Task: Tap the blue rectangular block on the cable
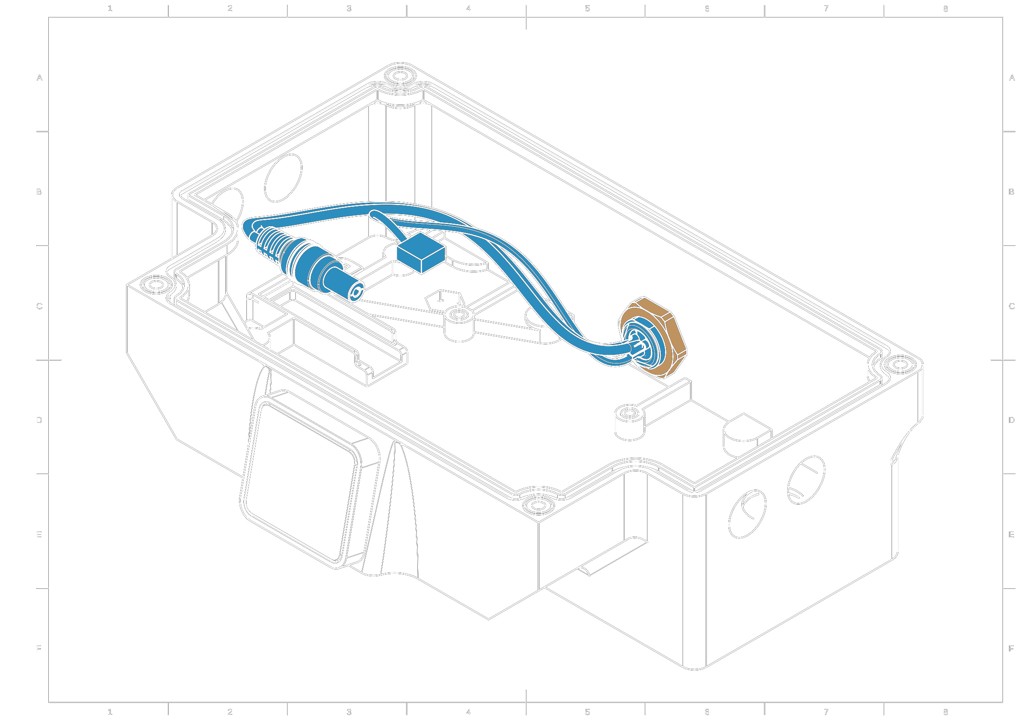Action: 420,253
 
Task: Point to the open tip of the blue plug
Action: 356,294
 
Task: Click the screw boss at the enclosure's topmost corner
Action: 400,76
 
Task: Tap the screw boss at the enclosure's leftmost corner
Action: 156,285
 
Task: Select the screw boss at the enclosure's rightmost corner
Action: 900,365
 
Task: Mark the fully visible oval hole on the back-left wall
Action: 283,178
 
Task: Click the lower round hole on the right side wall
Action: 747,514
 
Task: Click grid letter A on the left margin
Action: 39,78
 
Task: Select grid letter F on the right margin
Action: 1011,648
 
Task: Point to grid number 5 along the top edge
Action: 587,9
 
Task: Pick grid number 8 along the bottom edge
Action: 946,712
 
